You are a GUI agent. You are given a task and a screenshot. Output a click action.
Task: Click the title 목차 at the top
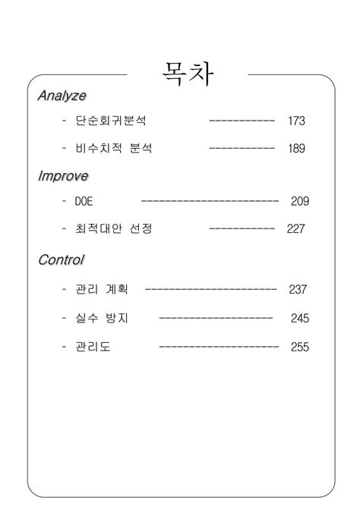(x=188, y=74)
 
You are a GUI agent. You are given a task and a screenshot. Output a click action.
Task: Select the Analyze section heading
(x=62, y=96)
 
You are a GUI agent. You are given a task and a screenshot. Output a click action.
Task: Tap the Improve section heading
(x=63, y=176)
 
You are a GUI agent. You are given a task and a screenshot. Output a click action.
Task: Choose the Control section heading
(x=61, y=260)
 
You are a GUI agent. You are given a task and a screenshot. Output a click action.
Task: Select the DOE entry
(x=84, y=202)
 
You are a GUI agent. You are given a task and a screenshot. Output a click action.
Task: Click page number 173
(x=296, y=121)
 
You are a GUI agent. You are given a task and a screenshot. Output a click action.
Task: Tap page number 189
(x=296, y=149)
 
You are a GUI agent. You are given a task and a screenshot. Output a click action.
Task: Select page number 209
(x=299, y=202)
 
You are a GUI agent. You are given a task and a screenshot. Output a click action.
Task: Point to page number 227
(x=296, y=228)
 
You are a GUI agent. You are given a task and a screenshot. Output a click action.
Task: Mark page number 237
(x=297, y=289)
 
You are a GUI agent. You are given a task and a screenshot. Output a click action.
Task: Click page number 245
(x=299, y=318)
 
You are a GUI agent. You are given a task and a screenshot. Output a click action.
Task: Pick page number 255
(x=299, y=347)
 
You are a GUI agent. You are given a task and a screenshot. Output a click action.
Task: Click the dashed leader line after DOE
(x=210, y=202)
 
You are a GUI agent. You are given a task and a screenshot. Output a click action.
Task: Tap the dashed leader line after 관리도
(x=219, y=347)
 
